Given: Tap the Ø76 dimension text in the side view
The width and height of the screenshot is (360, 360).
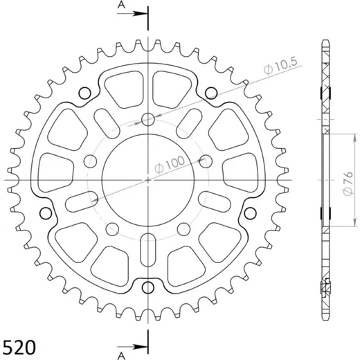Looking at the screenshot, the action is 348,183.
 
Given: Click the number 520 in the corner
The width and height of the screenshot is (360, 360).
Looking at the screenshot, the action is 19,347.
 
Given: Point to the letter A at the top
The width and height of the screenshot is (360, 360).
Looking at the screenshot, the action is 121,5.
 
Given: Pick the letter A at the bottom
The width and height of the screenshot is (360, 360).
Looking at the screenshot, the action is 121,356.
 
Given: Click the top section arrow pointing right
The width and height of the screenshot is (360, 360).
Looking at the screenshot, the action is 132,14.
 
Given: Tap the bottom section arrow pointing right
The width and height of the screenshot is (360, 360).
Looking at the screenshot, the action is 132,347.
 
